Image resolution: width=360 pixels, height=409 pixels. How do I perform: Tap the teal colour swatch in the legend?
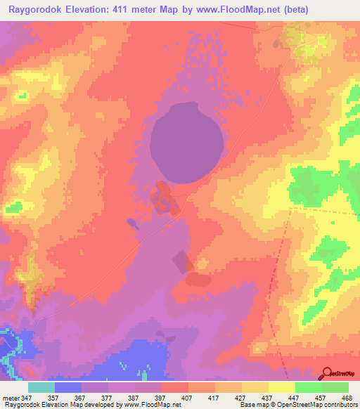point(41,387)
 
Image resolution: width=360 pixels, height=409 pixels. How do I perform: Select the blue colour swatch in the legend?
point(68,387)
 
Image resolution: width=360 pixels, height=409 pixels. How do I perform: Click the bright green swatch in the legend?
point(308,387)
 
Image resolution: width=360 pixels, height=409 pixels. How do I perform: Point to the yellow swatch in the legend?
point(281,387)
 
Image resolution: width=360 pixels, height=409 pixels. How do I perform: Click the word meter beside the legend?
point(11,397)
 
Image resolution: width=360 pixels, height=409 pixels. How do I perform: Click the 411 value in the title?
point(120,9)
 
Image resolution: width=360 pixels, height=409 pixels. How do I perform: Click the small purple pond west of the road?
point(131,223)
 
